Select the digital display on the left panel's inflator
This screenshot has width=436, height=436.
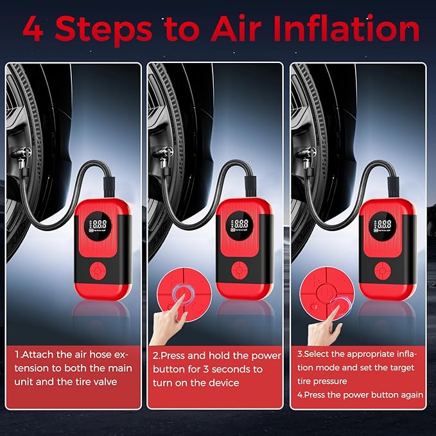[101, 225]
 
